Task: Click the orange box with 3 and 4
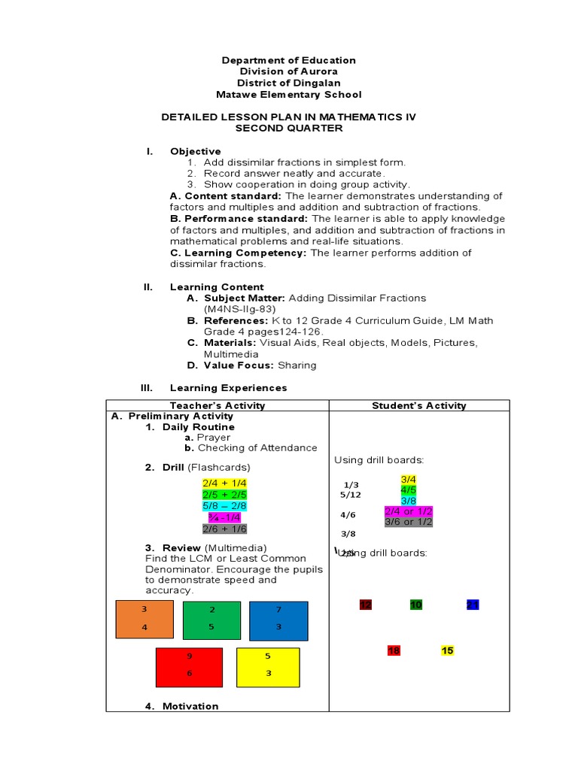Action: point(144,620)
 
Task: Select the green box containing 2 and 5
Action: point(211,620)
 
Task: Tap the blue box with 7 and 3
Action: point(278,620)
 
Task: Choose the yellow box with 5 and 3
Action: point(267,667)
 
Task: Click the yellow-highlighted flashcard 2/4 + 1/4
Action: point(224,483)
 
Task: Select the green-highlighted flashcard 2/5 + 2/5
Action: point(224,495)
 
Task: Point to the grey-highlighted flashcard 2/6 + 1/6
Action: point(224,529)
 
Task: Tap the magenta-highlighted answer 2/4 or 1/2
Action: point(408,511)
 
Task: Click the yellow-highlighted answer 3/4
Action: point(409,479)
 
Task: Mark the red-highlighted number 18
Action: point(394,650)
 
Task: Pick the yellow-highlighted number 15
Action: point(448,650)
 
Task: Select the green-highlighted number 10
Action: point(416,605)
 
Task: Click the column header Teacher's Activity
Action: point(218,405)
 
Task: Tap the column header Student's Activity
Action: point(419,405)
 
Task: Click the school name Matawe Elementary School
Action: point(288,95)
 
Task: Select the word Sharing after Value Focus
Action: point(297,365)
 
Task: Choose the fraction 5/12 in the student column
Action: point(350,495)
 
